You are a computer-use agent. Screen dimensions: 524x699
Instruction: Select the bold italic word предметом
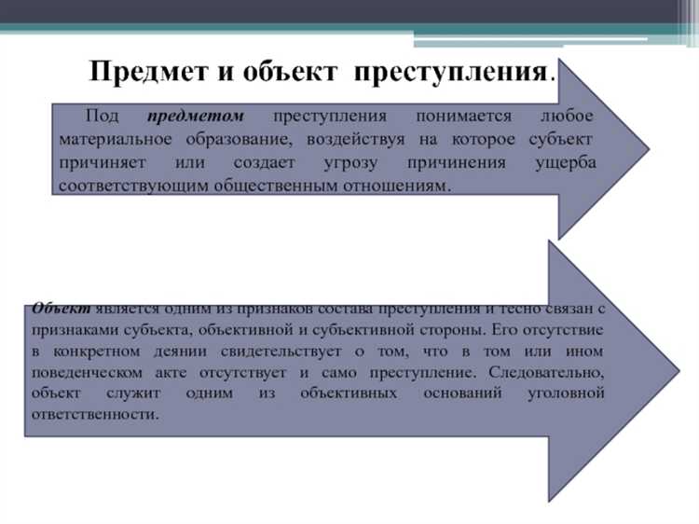pyautogui.click(x=196, y=117)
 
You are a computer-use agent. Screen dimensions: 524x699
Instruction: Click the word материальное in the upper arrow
pyautogui.click(x=112, y=140)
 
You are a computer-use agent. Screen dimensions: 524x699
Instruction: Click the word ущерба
pyautogui.click(x=564, y=163)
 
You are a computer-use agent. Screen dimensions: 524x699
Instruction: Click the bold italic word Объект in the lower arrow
pyautogui.click(x=61, y=308)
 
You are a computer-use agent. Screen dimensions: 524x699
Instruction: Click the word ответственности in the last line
pyautogui.click(x=94, y=416)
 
